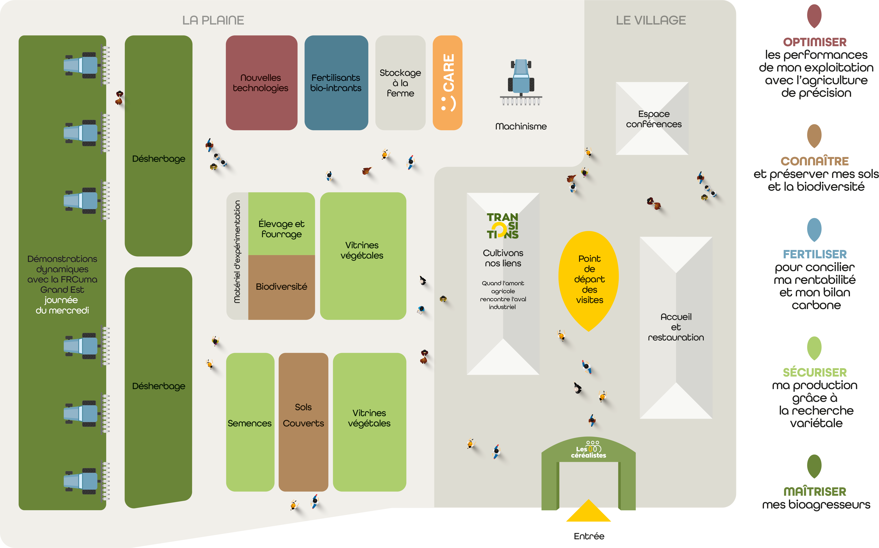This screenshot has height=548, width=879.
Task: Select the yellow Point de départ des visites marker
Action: tap(589, 279)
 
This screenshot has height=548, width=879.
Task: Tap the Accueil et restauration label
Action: tap(676, 327)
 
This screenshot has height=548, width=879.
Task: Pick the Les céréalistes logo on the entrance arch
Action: tap(589, 450)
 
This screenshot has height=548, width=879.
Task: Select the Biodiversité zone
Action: tap(281, 287)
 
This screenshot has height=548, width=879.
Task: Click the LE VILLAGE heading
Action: tap(651, 20)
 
